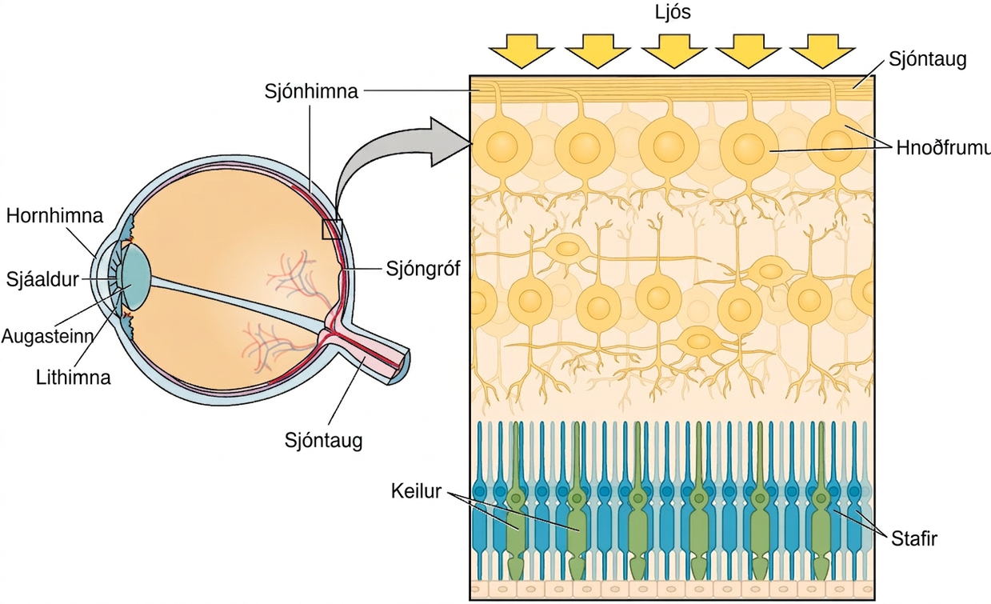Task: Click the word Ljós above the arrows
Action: [673, 12]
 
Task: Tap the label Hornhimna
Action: [54, 216]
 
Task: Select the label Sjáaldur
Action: [42, 280]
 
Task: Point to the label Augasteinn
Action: [48, 336]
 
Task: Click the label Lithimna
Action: [73, 378]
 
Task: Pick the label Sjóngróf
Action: [423, 269]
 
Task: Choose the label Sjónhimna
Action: [311, 91]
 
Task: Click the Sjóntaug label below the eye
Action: [323, 440]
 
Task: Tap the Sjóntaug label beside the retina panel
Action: [927, 59]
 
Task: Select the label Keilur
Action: [416, 491]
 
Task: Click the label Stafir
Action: [914, 539]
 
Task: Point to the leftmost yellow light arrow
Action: [521, 51]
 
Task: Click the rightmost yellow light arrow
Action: [822, 51]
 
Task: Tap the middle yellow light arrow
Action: [673, 51]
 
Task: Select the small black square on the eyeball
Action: [332, 230]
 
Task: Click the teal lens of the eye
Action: [136, 278]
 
